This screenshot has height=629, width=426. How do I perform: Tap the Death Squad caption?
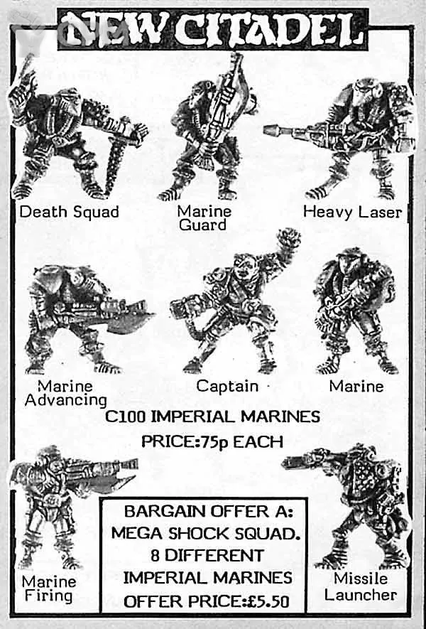pos(70,211)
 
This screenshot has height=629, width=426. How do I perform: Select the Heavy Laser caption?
pos(352,211)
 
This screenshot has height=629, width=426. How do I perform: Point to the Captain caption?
pos(227,386)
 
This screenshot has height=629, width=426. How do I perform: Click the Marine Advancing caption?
pos(66,393)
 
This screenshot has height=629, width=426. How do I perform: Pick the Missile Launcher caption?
pos(361,586)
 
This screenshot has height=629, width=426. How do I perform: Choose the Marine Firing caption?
pos(48,588)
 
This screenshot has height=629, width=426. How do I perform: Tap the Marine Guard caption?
pos(204,217)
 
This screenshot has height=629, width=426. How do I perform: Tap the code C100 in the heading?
pos(125,416)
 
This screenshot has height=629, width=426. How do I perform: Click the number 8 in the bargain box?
pos(155,556)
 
